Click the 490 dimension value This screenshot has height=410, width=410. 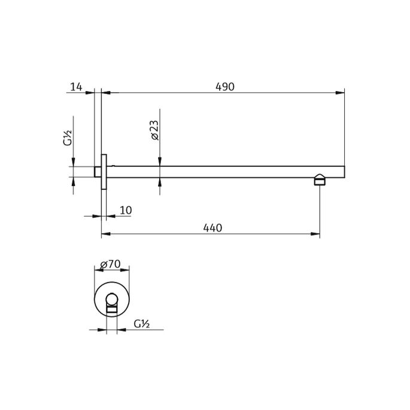[x=224, y=87]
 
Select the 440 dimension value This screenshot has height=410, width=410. [x=212, y=228]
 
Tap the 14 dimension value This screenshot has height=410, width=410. [x=76, y=87]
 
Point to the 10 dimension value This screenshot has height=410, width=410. [x=126, y=210]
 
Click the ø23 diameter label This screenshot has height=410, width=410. [x=154, y=130]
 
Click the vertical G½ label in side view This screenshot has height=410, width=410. [x=68, y=139]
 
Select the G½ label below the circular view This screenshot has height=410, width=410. [x=141, y=324]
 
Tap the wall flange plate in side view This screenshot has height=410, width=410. [x=104, y=172]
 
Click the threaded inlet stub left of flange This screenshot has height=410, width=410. [x=98, y=172]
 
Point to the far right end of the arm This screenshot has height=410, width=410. [x=343, y=172]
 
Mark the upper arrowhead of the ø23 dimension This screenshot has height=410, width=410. [x=160, y=162]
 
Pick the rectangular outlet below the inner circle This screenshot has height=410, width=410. [x=111, y=309]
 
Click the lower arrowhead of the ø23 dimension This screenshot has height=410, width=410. [x=160, y=182]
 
